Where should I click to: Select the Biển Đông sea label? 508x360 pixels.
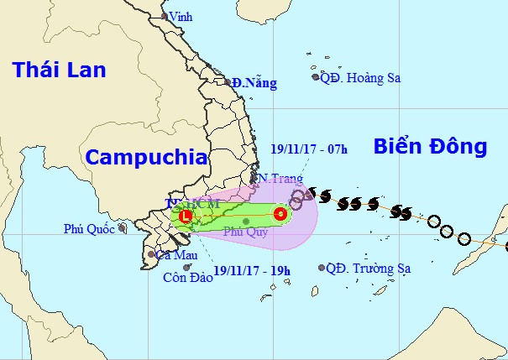click(430, 146)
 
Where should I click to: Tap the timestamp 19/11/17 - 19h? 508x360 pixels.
click(252, 270)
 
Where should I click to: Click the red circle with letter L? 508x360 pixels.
click(186, 216)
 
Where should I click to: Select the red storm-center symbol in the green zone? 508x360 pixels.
click(280, 214)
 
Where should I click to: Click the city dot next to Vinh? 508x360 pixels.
click(165, 16)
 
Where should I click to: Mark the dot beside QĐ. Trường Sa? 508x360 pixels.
click(322, 269)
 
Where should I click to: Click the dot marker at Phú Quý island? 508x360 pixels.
click(246, 221)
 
